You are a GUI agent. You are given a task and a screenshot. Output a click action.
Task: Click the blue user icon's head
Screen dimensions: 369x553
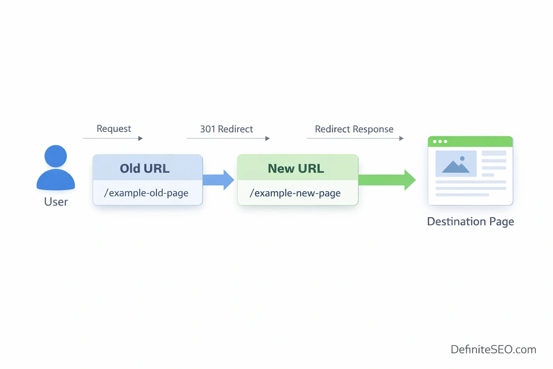pyautogui.click(x=56, y=156)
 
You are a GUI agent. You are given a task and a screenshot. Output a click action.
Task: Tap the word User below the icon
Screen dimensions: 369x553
pyautogui.click(x=56, y=202)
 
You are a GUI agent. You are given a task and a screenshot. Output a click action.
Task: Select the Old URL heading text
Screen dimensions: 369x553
pyautogui.click(x=145, y=168)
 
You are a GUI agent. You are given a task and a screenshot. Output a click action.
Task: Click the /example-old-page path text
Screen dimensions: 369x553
pyautogui.click(x=146, y=193)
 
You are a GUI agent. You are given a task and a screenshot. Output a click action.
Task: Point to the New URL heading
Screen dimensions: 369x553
pyautogui.click(x=296, y=168)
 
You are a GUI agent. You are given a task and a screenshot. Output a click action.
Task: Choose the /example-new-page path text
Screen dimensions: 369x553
pyautogui.click(x=295, y=193)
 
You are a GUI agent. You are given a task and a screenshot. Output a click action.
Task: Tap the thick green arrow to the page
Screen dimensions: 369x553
pyautogui.click(x=387, y=180)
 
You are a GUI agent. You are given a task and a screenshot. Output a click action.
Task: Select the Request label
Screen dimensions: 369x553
pyautogui.click(x=114, y=129)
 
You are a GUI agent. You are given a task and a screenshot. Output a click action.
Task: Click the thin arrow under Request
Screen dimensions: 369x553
pyautogui.click(x=113, y=138)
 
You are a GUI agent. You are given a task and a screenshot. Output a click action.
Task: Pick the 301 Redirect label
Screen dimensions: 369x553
pyautogui.click(x=226, y=129)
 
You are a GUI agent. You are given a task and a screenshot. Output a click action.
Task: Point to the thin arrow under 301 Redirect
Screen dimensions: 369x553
pyautogui.click(x=228, y=138)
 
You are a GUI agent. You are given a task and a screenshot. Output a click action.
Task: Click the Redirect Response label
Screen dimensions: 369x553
pyautogui.click(x=354, y=129)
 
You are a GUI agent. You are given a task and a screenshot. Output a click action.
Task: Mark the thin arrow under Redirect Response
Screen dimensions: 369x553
pyautogui.click(x=355, y=138)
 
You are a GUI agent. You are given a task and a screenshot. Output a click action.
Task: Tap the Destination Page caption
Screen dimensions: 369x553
pyautogui.click(x=470, y=221)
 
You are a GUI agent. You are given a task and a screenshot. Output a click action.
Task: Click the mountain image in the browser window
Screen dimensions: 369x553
pyautogui.click(x=456, y=164)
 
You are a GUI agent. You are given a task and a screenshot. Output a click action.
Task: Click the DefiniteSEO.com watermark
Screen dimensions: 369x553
pyautogui.click(x=493, y=350)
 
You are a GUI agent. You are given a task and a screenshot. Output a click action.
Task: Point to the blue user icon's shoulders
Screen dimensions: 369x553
pyautogui.click(x=56, y=180)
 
